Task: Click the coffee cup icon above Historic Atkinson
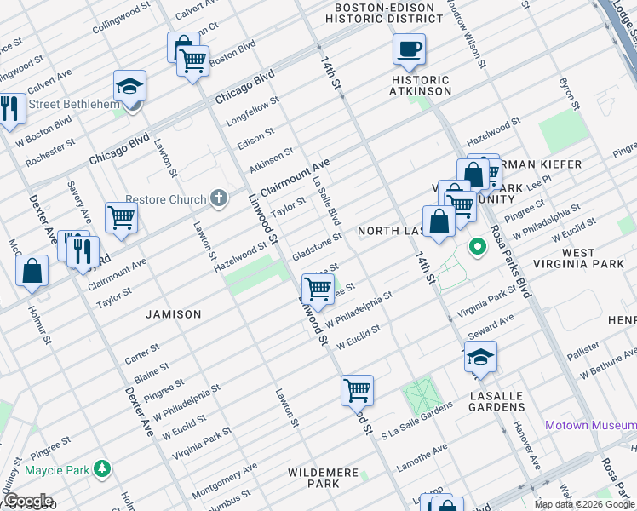pos(409,49)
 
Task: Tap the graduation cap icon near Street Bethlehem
pos(129,86)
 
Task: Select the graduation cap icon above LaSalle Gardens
pos(480,356)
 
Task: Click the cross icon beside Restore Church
pos(219,199)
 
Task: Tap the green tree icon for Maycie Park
pos(102,468)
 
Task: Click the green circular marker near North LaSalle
pos(479,248)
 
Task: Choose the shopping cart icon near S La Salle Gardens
pos(358,390)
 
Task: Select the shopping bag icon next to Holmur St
pos(32,271)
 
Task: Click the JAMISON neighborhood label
pos(173,314)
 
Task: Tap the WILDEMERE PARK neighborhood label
pos(313,478)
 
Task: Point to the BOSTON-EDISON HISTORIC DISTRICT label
pos(384,12)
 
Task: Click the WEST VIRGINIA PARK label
pos(590,259)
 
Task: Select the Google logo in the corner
pos(27,501)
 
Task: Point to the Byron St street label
pos(568,95)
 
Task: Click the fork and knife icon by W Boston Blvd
pos(10,108)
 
